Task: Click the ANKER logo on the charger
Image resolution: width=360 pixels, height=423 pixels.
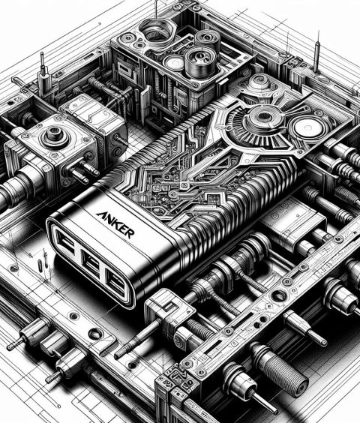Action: coord(115,224)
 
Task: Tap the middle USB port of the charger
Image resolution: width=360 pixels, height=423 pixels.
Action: coord(91,262)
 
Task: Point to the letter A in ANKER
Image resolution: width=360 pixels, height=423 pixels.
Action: coord(100,215)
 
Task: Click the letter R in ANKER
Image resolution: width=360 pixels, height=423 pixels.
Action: coord(129,233)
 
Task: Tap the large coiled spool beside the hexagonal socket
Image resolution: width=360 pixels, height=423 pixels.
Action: coord(200,61)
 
